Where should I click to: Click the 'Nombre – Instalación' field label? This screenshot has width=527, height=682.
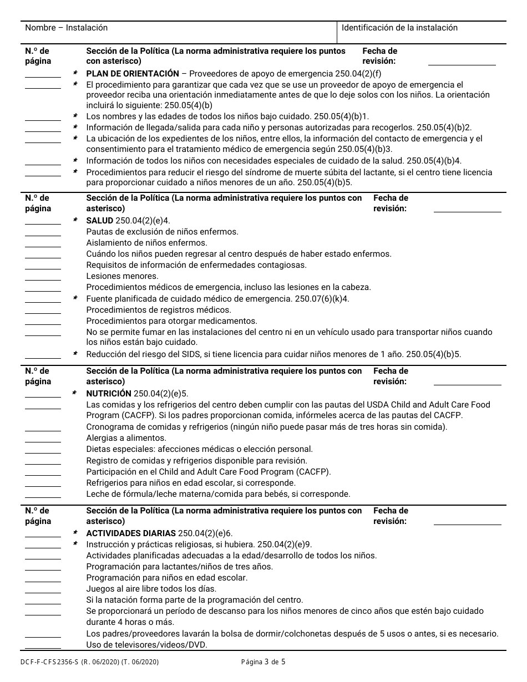[67, 28]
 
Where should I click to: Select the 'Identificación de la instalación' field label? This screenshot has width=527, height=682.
[399, 28]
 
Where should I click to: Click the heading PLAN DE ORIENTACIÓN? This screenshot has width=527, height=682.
[133, 74]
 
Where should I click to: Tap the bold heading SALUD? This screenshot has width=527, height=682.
[100, 221]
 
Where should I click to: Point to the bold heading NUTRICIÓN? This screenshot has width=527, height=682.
[109, 394]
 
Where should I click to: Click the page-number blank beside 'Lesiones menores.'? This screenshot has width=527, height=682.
[43, 279]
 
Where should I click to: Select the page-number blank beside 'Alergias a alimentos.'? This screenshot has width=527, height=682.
[43, 441]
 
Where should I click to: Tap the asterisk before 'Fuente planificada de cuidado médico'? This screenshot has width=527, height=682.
[75, 299]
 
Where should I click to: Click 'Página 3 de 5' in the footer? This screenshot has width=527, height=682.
[263, 661]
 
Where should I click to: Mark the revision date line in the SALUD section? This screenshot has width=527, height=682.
[467, 211]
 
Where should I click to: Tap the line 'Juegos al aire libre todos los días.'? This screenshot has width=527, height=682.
[151, 589]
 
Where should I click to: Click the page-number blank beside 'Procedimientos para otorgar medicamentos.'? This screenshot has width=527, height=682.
[43, 324]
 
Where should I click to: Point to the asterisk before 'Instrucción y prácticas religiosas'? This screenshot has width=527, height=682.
[75, 544]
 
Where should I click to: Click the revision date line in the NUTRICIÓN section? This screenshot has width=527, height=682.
[467, 384]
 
